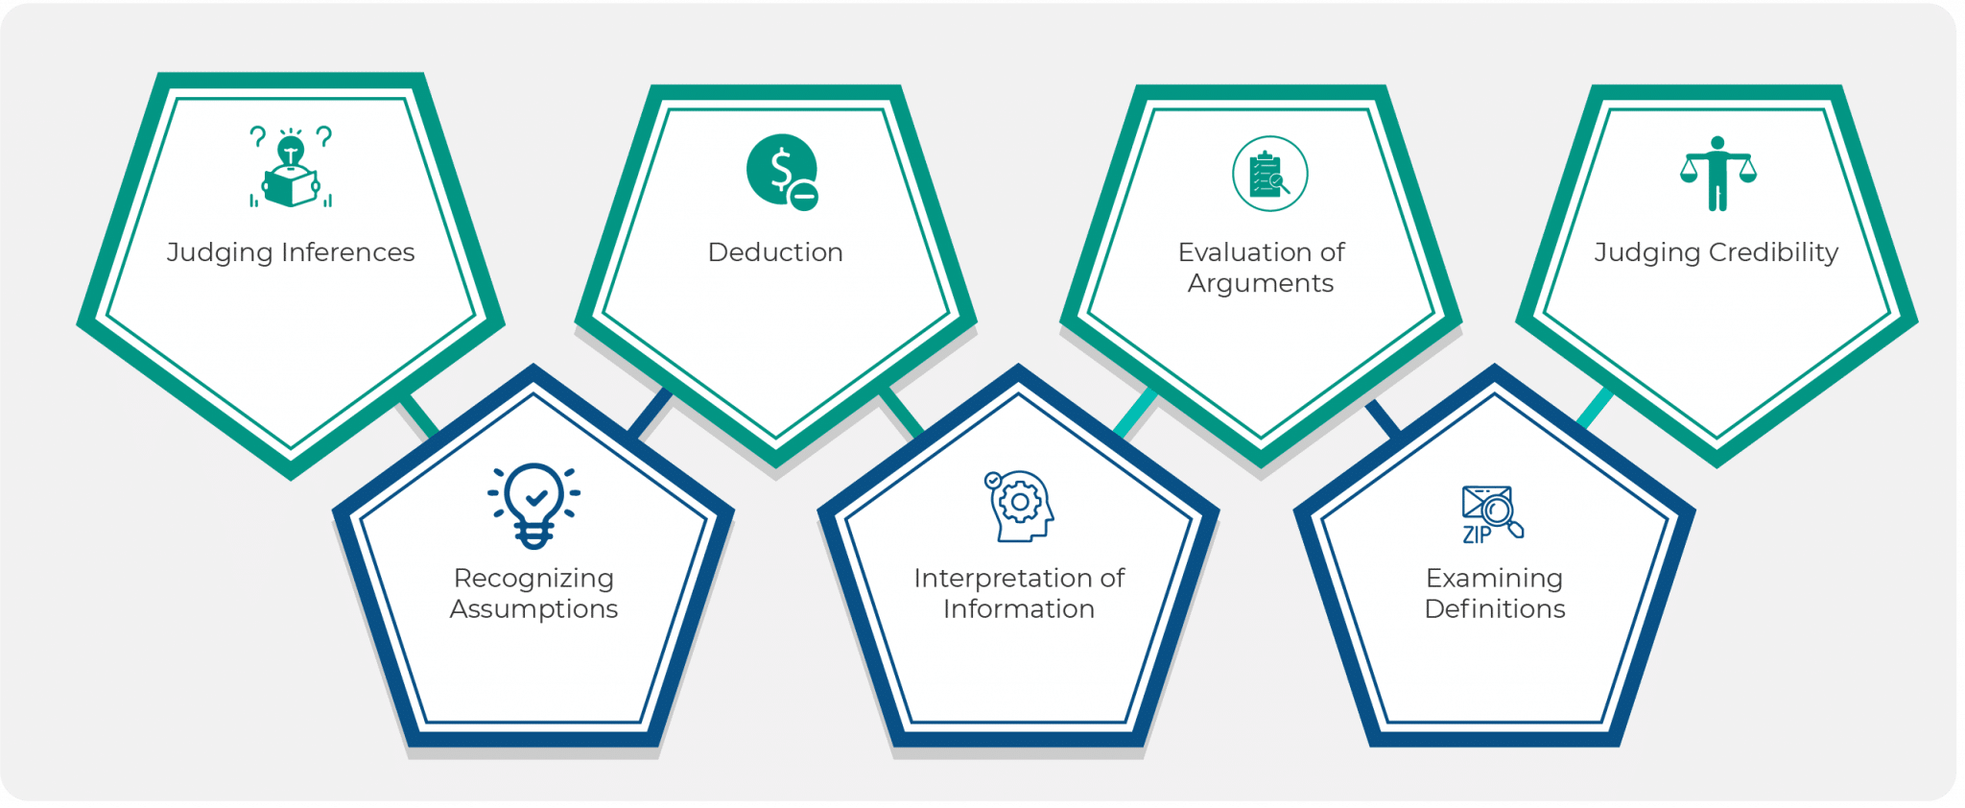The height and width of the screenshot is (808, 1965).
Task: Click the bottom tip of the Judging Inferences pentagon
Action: pyautogui.click(x=292, y=479)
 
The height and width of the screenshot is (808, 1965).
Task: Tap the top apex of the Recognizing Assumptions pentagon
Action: pyautogui.click(x=533, y=364)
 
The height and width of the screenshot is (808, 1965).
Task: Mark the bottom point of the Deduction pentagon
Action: pyautogui.click(x=776, y=467)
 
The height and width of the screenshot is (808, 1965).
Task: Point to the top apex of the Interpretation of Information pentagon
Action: pyautogui.click(x=1019, y=364)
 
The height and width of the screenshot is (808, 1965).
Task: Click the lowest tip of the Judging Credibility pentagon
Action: pyautogui.click(x=1716, y=467)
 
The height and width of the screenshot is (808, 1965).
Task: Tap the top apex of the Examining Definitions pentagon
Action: pyautogui.click(x=1495, y=364)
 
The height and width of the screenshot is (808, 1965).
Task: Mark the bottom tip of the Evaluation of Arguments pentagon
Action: pyautogui.click(x=1261, y=467)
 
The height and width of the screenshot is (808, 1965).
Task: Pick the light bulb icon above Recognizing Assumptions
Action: pyautogui.click(x=534, y=506)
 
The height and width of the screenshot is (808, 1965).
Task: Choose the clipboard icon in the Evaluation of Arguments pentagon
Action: pyautogui.click(x=1270, y=174)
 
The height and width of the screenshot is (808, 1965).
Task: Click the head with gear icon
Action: pyautogui.click(x=1019, y=506)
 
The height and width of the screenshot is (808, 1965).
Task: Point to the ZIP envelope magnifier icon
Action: pyautogui.click(x=1492, y=514)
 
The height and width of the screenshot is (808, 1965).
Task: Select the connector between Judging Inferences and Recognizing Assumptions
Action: pyautogui.click(x=418, y=415)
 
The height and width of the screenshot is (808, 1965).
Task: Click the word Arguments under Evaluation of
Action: pyautogui.click(x=1261, y=284)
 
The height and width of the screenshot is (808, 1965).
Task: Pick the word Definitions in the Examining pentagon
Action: pyautogui.click(x=1495, y=609)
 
